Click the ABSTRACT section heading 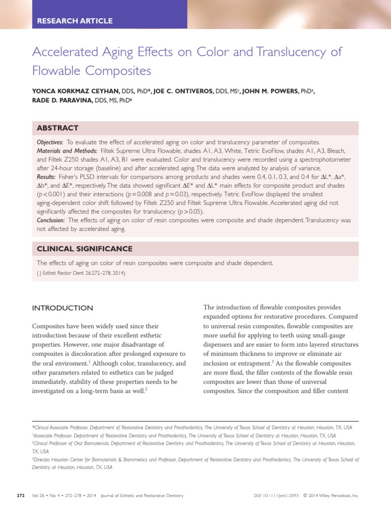(58, 128)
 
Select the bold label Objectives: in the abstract (50, 142)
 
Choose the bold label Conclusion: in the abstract (51, 220)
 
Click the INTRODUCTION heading (63, 308)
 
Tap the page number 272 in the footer (21, 495)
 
